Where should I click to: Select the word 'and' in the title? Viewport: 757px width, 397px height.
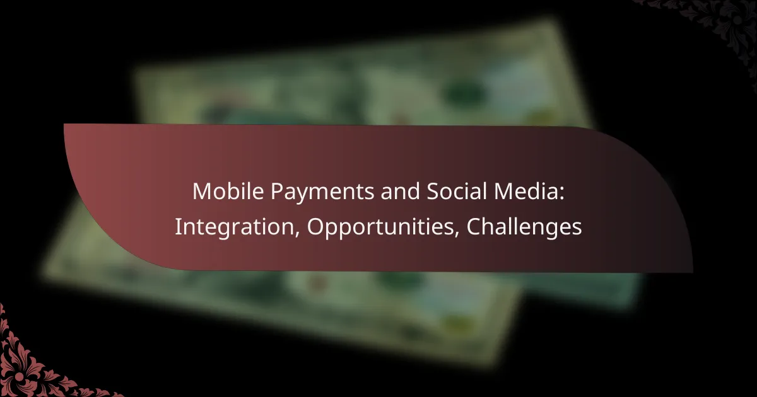pos(401,191)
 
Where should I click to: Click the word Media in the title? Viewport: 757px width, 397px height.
pos(525,191)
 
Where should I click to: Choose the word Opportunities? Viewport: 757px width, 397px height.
pos(380,228)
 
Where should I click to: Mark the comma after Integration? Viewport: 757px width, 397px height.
pos(297,234)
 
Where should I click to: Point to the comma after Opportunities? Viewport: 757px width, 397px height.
pos(457,234)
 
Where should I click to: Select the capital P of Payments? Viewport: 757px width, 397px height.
pos(278,192)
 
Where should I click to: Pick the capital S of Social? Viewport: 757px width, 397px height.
pos(433,192)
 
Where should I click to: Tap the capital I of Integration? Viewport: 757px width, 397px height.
pos(177,227)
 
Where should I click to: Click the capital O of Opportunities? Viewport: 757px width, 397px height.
pos(315,227)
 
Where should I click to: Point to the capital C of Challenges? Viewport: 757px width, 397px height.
pos(474,227)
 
